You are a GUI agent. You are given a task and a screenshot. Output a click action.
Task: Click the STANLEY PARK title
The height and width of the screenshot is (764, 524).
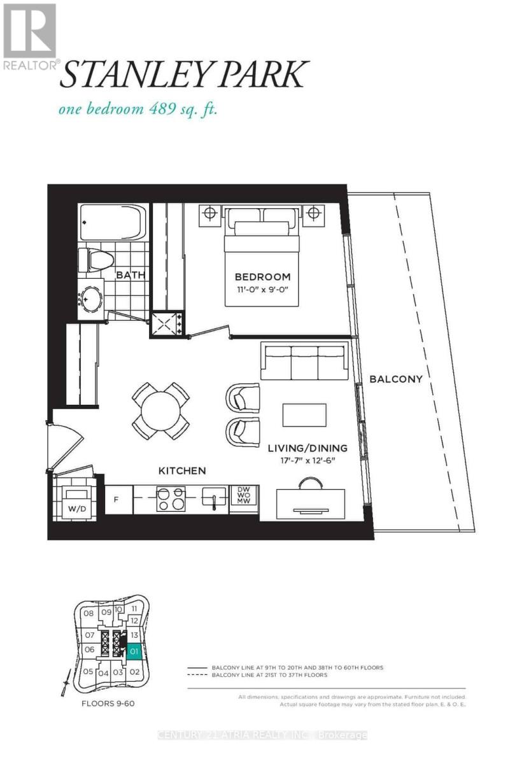(x=184, y=74)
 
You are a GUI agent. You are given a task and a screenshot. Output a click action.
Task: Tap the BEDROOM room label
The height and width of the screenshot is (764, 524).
(x=262, y=277)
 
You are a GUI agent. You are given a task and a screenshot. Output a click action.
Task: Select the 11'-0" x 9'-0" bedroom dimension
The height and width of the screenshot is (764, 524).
(x=262, y=290)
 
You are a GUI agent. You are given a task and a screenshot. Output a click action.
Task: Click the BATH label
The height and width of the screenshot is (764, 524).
(x=130, y=275)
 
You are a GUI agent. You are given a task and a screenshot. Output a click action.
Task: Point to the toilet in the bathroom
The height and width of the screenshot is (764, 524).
(x=96, y=259)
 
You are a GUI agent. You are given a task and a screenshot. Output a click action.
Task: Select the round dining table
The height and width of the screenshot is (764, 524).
(x=160, y=411)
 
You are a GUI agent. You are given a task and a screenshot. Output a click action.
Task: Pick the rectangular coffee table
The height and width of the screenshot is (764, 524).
(x=304, y=415)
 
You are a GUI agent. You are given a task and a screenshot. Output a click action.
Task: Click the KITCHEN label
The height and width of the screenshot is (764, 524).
(x=182, y=470)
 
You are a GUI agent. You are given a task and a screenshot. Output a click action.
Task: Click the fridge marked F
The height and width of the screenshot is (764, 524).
(x=117, y=499)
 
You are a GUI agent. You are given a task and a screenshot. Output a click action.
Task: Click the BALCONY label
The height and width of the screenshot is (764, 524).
(x=395, y=379)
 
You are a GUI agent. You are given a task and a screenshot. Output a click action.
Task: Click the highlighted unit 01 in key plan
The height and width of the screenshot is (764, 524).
(x=134, y=651)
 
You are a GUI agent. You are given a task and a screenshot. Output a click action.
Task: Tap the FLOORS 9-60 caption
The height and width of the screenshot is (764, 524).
(x=107, y=704)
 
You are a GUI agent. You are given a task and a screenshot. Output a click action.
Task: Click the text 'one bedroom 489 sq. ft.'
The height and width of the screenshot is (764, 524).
(x=138, y=109)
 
